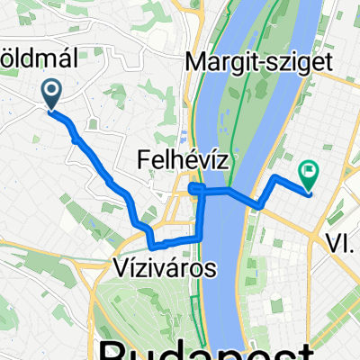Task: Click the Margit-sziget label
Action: [x=257, y=61]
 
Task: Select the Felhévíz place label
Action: [x=181, y=161]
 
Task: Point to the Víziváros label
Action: [x=166, y=267]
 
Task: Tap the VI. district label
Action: [x=342, y=240]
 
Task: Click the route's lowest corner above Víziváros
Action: [x=153, y=244]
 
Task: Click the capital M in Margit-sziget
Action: [x=193, y=61]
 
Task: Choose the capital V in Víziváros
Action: [x=122, y=267]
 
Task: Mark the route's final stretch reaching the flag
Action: [x=292, y=183]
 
